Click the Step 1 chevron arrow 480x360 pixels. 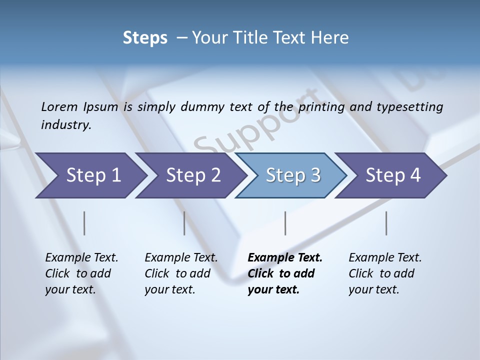[x=93, y=175]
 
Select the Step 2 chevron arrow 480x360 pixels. [x=193, y=175]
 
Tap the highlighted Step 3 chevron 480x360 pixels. [x=293, y=175]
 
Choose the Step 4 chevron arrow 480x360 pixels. [x=393, y=175]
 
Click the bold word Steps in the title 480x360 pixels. [x=145, y=38]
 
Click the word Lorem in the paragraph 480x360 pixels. [x=59, y=107]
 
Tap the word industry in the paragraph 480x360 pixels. [x=65, y=124]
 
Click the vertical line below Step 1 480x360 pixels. [x=84, y=223]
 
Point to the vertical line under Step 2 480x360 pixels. [x=184, y=223]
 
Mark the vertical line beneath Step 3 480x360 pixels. [x=285, y=223]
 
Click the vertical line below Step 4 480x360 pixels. [x=386, y=223]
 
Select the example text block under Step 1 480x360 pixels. [x=81, y=273]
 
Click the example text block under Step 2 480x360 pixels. [x=180, y=273]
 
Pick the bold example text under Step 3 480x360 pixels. [x=284, y=273]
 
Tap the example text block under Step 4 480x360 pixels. [x=384, y=273]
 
